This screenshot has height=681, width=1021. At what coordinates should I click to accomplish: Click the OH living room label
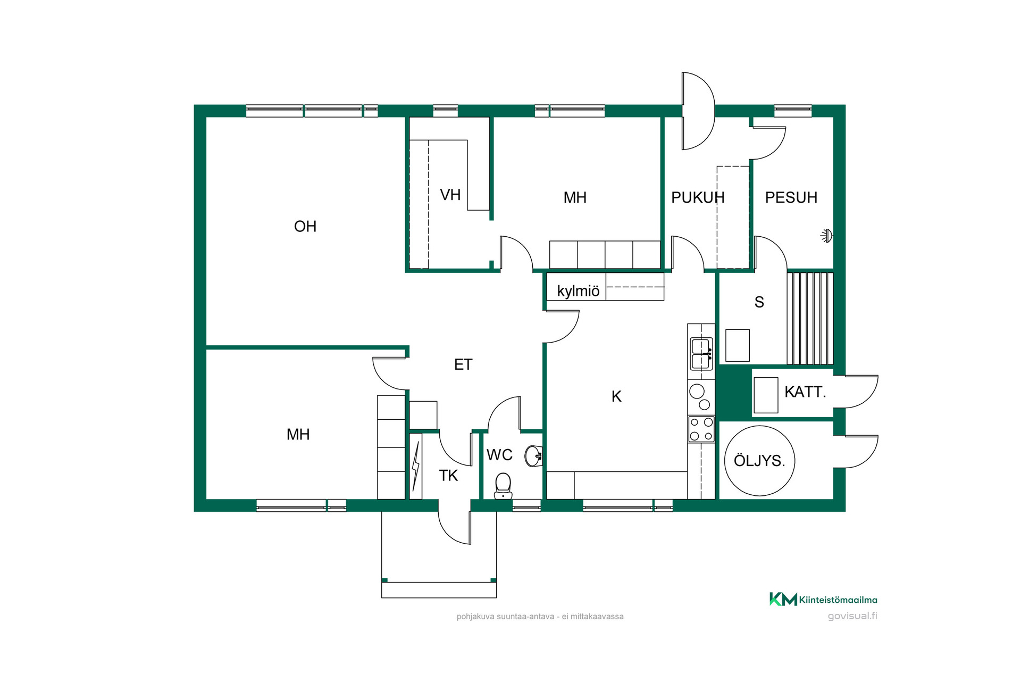(305, 227)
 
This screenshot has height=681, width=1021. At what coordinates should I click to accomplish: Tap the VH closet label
(450, 195)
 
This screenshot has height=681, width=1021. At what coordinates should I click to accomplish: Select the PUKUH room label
(698, 197)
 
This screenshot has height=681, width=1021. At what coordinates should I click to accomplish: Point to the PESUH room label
(791, 197)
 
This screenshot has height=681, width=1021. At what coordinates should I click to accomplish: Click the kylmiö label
(578, 291)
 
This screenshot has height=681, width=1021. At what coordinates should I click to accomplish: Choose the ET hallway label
(463, 364)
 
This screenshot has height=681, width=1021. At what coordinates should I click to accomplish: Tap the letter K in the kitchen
(616, 396)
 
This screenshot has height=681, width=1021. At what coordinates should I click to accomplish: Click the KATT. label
(805, 392)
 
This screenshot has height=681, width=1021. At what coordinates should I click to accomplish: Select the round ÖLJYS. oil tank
(759, 461)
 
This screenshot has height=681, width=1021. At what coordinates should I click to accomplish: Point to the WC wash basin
(533, 456)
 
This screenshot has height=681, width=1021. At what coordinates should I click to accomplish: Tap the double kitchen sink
(701, 354)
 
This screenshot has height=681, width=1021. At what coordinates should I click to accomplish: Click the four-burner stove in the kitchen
(701, 429)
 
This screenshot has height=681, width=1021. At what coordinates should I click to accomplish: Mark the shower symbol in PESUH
(826, 236)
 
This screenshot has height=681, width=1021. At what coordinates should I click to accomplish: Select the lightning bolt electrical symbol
(416, 466)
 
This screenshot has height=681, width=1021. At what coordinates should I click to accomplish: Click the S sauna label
(759, 302)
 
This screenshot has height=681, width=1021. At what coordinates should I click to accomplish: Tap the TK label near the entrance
(448, 476)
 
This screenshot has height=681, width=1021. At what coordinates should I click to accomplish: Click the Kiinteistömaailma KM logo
(823, 600)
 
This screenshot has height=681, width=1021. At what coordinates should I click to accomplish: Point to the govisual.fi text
(852, 616)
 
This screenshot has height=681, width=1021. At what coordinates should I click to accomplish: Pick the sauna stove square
(738, 345)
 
